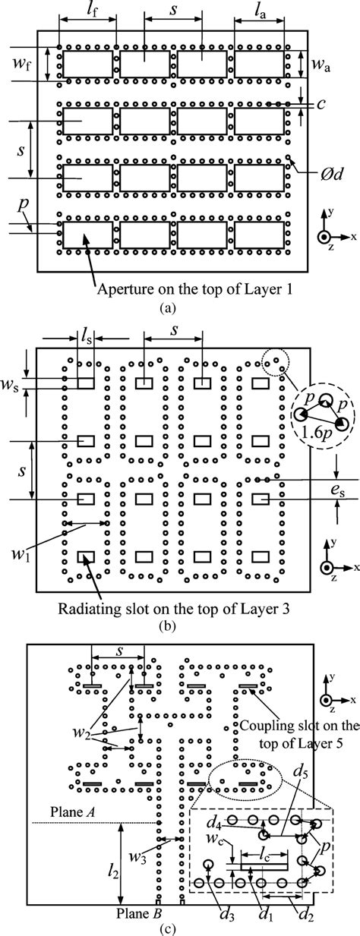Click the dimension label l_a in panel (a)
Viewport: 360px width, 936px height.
261,11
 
